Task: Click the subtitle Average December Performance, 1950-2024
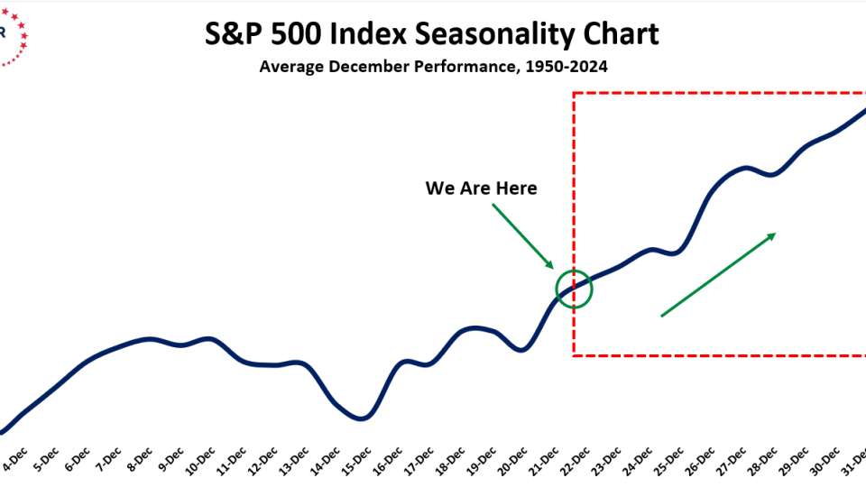(432, 67)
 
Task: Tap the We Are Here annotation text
(481, 188)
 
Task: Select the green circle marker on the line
(574, 289)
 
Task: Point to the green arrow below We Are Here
(522, 236)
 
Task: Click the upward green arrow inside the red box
(718, 275)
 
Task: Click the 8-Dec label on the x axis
(139, 463)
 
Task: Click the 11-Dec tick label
(232, 463)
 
